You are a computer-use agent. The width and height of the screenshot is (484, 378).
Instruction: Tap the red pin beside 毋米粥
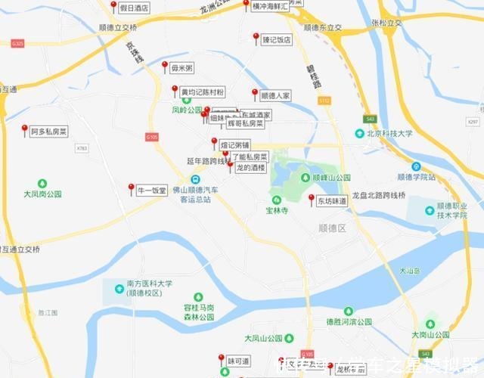[165, 66]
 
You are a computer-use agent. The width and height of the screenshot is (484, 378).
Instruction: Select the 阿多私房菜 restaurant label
[49, 131]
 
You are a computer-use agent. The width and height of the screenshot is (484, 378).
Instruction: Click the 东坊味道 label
[332, 201]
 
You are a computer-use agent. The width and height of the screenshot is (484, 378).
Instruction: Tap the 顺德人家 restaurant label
[275, 96]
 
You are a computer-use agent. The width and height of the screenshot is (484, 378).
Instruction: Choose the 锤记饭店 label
[276, 40]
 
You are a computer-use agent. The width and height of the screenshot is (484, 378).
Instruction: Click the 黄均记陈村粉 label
[202, 92]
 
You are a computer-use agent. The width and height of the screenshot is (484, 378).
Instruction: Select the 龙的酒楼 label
[250, 167]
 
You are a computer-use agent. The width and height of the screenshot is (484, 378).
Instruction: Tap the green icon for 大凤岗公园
[42, 183]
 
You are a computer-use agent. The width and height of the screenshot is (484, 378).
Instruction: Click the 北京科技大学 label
[389, 133]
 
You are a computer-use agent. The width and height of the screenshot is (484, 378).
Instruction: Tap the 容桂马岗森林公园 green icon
[198, 297]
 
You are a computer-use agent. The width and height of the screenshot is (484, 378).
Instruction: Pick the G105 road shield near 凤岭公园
[152, 137]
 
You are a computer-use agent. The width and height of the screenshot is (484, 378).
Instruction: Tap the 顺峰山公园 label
[332, 178]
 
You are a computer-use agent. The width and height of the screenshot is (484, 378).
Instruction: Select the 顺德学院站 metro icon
[416, 166]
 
